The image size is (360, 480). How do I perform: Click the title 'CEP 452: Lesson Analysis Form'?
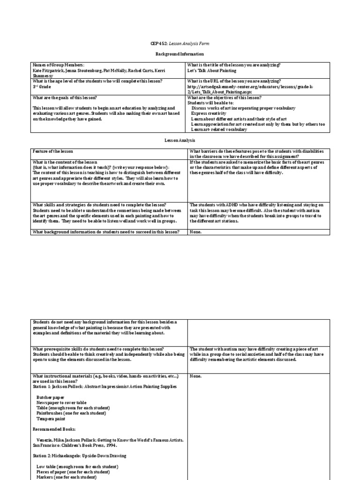coord(180,44)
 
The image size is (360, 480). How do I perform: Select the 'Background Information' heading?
coord(180,54)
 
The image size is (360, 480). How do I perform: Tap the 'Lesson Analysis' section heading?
coord(180,140)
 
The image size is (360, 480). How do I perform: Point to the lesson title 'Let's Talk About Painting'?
coord(212,71)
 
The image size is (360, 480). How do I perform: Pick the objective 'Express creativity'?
coord(209,113)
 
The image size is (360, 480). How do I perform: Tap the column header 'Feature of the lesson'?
coord(53,151)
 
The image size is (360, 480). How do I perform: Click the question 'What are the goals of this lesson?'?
coord(65,97)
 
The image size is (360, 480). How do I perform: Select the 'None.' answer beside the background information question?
coord(195,232)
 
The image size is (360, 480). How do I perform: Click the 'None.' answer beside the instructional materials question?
coord(195,376)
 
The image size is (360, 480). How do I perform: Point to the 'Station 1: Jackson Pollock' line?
coord(105,387)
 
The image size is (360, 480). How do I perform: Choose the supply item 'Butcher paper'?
coord(50,397)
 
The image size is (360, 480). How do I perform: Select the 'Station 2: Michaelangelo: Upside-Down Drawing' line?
coord(79,456)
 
